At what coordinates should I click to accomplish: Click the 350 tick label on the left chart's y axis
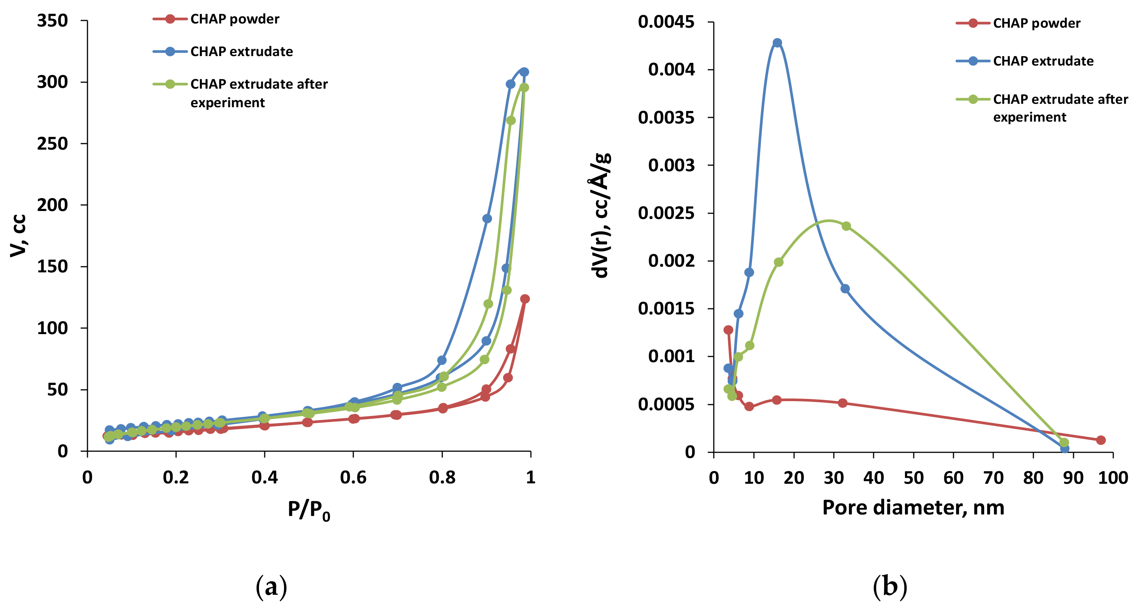[52, 21]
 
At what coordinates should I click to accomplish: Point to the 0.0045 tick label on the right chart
[666, 22]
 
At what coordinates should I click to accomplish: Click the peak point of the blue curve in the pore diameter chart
[777, 43]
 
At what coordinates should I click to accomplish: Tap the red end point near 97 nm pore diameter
[1101, 440]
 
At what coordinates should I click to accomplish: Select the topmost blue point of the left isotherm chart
[524, 72]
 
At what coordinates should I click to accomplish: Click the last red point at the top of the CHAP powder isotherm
[525, 299]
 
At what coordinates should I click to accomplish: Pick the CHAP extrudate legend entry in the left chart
[241, 52]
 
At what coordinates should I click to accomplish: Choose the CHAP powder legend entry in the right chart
[1036, 23]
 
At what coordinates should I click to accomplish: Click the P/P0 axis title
[309, 510]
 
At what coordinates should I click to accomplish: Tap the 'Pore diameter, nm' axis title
[913, 507]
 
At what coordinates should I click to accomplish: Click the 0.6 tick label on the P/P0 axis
[353, 477]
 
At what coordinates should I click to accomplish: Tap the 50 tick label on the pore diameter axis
[913, 478]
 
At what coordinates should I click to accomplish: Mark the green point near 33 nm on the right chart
[846, 226]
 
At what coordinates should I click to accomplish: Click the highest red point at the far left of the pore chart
[728, 330]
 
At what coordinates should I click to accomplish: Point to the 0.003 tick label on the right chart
[671, 166]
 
